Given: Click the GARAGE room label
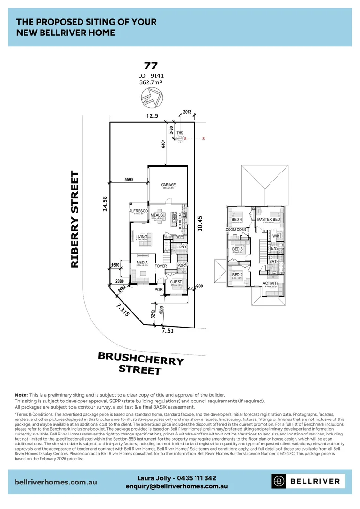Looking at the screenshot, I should (x=168, y=185).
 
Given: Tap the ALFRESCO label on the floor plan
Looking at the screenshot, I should (x=141, y=211).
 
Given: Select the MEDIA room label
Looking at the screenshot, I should (x=142, y=262).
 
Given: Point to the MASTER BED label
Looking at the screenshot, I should (x=269, y=220).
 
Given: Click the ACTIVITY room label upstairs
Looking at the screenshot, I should (x=270, y=283).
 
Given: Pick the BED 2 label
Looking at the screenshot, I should (x=237, y=275).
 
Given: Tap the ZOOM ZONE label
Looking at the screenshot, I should (x=236, y=230).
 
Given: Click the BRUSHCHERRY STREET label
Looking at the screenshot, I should (x=140, y=363).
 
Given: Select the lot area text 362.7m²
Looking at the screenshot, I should (x=151, y=82).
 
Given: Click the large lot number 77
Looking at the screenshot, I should (x=151, y=66).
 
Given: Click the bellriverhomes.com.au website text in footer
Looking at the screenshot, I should (x=56, y=482).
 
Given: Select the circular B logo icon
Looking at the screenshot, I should (x=279, y=481).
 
